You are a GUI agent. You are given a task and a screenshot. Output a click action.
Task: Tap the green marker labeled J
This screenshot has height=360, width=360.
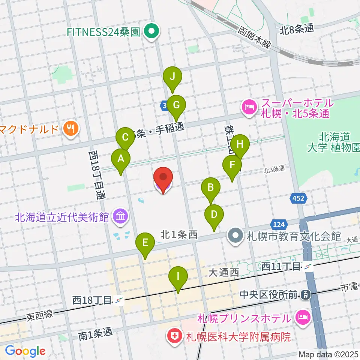click(x=172, y=77)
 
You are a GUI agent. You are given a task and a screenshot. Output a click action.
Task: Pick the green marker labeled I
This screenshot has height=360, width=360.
click(x=178, y=277)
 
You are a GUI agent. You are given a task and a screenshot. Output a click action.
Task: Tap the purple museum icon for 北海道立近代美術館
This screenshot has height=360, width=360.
click(x=121, y=216)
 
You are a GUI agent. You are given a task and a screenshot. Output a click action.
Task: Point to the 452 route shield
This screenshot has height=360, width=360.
click(x=299, y=198)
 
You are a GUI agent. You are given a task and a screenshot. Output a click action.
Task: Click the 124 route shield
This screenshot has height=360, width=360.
click(x=278, y=225)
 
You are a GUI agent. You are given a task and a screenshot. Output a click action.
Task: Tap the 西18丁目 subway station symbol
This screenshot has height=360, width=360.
click(x=120, y=300)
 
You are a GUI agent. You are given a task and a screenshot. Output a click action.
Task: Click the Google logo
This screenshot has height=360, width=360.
click(x=25, y=351)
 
